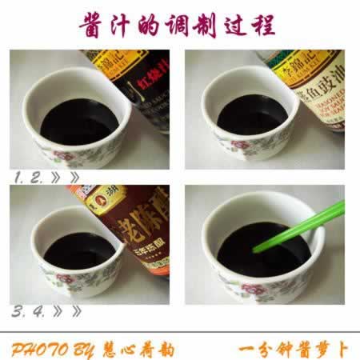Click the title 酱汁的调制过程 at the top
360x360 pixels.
(x=178, y=25)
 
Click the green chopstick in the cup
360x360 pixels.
(x=300, y=228)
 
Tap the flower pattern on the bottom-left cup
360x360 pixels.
(x=61, y=282)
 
